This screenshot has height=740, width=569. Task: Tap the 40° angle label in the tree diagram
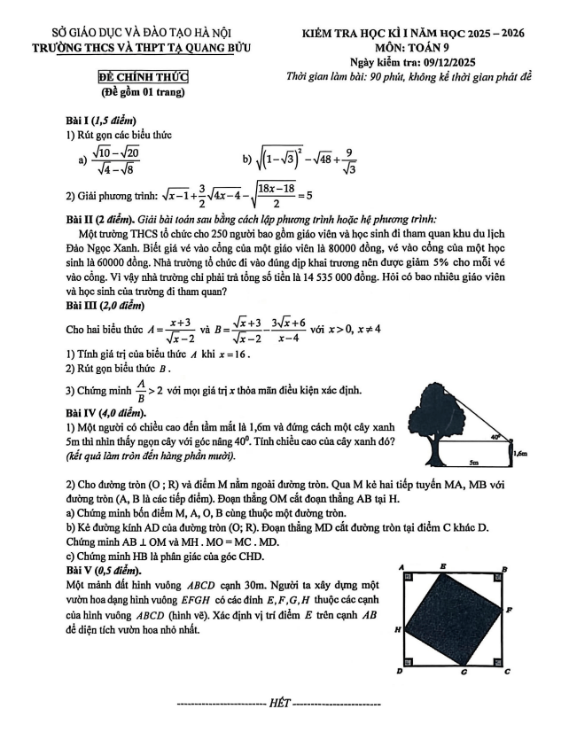pos(498,436)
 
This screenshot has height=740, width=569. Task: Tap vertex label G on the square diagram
pos(465,673)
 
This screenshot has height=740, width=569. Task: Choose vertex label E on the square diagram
pos(442,565)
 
